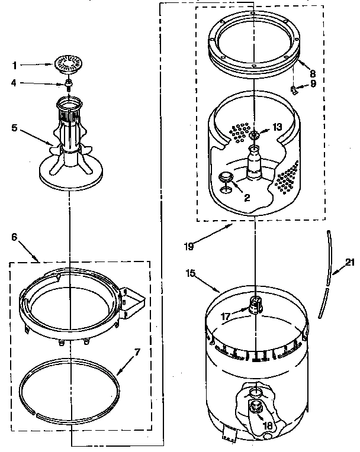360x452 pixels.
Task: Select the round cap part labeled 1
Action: (69, 64)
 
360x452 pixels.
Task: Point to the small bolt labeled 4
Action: (69, 84)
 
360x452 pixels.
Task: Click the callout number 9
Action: (313, 85)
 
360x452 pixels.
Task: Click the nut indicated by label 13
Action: (255, 135)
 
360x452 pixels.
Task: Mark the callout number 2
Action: (247, 198)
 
